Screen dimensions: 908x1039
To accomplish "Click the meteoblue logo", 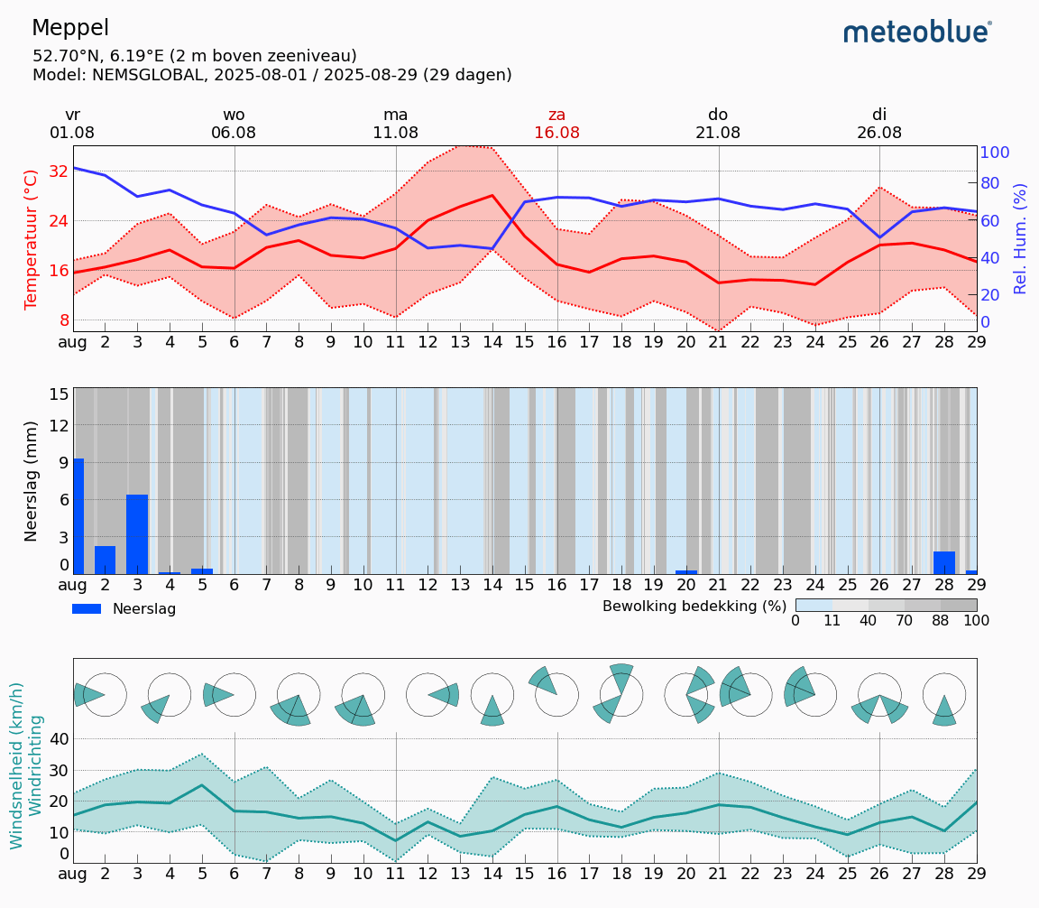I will pyautogui.click(x=917, y=32).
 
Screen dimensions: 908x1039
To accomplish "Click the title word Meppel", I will pyautogui.click(x=70, y=28).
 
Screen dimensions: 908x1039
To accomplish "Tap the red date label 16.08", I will pyautogui.click(x=556, y=133).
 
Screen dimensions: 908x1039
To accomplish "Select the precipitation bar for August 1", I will pyautogui.click(x=78, y=516).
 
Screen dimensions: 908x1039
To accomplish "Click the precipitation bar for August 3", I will pyautogui.click(x=137, y=534).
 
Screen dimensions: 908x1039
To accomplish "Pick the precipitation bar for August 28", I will pyautogui.click(x=943, y=562).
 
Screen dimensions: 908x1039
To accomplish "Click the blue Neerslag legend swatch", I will pyautogui.click(x=87, y=609).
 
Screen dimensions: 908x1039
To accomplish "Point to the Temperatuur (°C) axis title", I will pyautogui.click(x=32, y=239).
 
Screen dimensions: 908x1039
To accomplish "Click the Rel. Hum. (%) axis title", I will pyautogui.click(x=1020, y=238).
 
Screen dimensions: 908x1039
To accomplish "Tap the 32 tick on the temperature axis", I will pyautogui.click(x=58, y=171).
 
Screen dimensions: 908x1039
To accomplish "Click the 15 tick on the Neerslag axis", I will pyautogui.click(x=60, y=394).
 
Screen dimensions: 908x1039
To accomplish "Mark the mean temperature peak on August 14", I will pyautogui.click(x=492, y=195).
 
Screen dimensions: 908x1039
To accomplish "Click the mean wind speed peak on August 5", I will pyautogui.click(x=202, y=785).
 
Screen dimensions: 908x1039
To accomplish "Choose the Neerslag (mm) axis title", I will pyautogui.click(x=32, y=480).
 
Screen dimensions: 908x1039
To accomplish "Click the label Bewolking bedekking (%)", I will pyautogui.click(x=694, y=606).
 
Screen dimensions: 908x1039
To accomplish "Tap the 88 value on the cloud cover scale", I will pyautogui.click(x=941, y=621).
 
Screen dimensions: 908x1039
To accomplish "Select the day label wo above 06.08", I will pyautogui.click(x=234, y=115).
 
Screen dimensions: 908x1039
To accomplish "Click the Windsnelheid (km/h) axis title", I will pyautogui.click(x=16, y=765).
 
